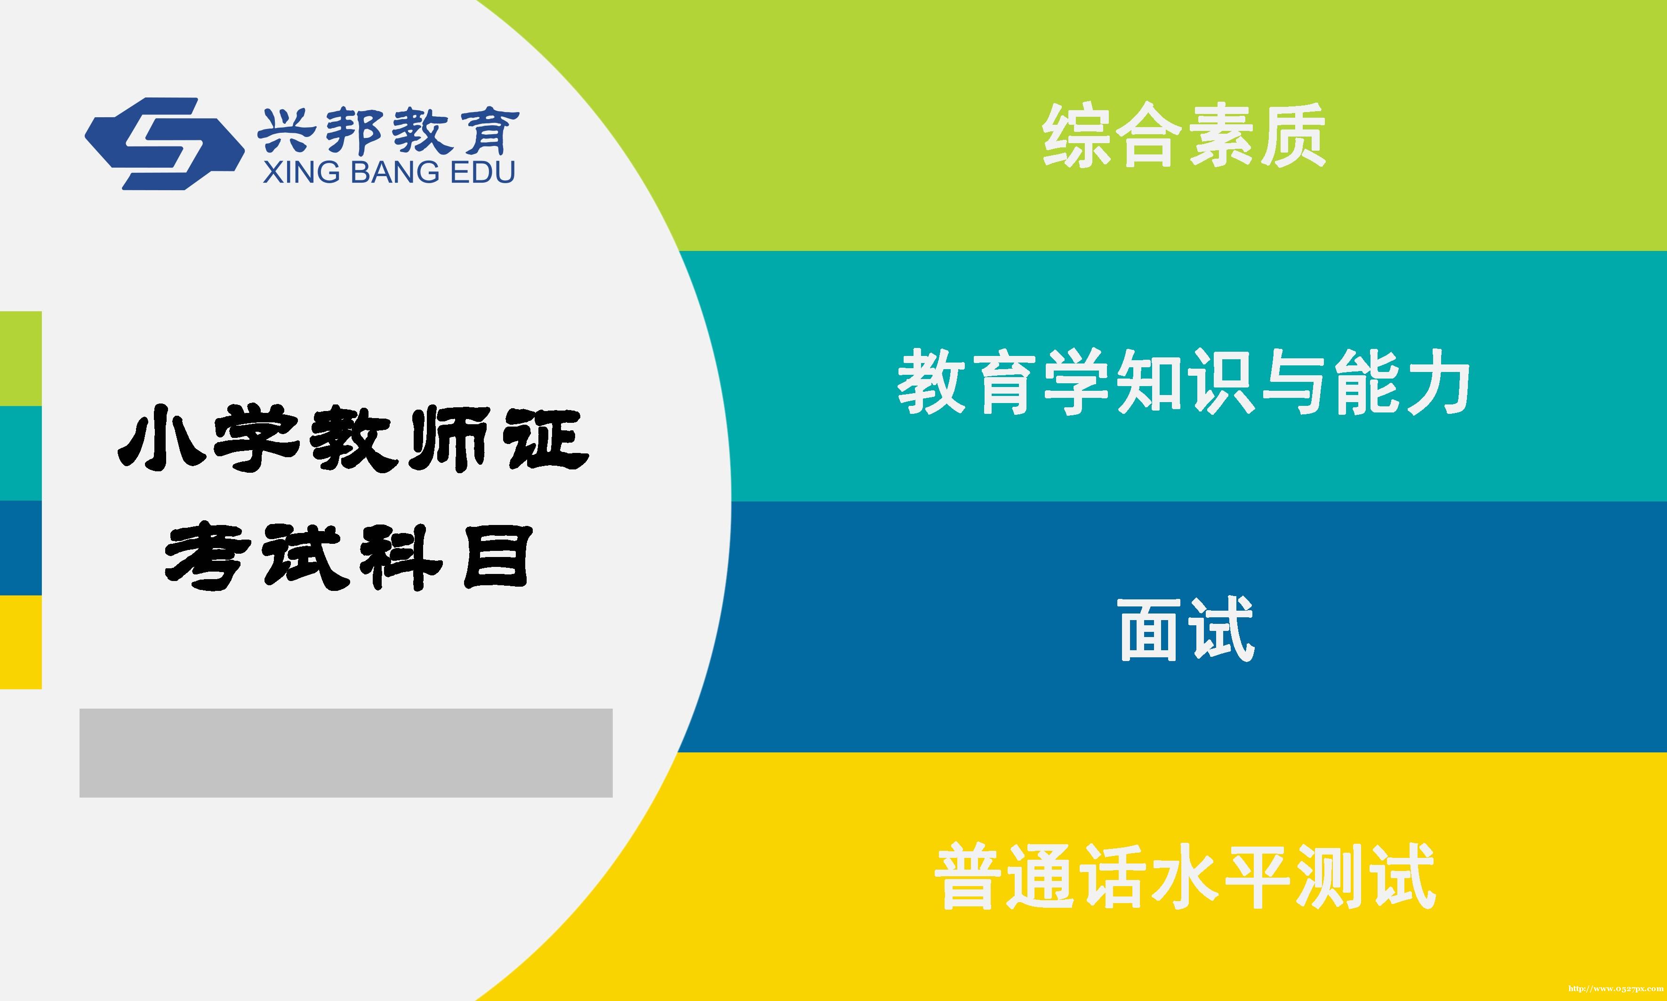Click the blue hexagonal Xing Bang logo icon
pyautogui.click(x=164, y=144)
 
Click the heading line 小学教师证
pyautogui.click(x=353, y=439)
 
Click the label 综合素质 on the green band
pyautogui.click(x=1184, y=135)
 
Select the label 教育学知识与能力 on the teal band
pyautogui.click(x=1184, y=382)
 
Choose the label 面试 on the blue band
pyautogui.click(x=1186, y=630)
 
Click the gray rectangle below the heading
pyautogui.click(x=346, y=753)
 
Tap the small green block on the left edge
pyautogui.click(x=21, y=358)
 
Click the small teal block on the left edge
pyautogui.click(x=21, y=453)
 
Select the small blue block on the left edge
pyautogui.click(x=21, y=548)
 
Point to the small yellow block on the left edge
pyautogui.click(x=21, y=642)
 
